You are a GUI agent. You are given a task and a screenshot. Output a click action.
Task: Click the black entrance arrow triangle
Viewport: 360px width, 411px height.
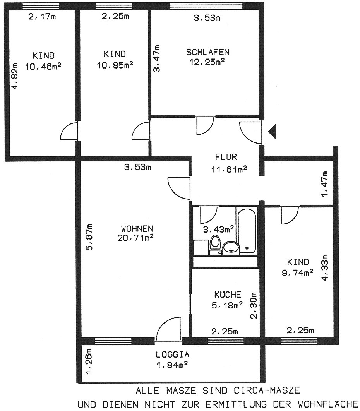[x=273, y=132]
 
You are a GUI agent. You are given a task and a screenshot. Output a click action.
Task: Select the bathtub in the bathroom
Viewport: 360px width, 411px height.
[x=247, y=231]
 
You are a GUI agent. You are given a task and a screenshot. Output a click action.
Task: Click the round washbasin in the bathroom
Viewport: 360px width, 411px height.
[x=231, y=248]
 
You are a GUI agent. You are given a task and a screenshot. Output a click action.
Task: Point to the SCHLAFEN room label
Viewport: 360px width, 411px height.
[x=208, y=52]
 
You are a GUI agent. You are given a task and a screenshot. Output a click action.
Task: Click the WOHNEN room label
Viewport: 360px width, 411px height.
[x=137, y=229]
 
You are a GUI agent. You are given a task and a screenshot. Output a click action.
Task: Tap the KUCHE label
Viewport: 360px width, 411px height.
[x=228, y=295]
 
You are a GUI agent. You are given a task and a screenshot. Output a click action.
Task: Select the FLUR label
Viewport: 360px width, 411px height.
[x=226, y=157]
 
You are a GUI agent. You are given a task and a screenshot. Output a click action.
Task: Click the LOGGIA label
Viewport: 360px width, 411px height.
[x=173, y=354]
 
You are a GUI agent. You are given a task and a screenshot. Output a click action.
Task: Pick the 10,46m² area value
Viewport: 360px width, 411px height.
[x=43, y=67]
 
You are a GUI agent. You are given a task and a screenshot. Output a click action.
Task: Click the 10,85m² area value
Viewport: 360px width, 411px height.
[x=115, y=65]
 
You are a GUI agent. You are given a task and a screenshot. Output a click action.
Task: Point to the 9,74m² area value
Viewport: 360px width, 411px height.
[x=298, y=273]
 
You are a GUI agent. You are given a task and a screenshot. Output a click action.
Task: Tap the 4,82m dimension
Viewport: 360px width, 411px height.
[x=15, y=76]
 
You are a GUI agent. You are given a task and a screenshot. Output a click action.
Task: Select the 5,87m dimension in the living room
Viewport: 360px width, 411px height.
[x=89, y=237]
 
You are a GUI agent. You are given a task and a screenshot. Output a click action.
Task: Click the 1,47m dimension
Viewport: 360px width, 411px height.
[x=325, y=184]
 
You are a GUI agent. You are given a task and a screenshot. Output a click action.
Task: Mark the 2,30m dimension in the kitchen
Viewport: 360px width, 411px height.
[x=253, y=305]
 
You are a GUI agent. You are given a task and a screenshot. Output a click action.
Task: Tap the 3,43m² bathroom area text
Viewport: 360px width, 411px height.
[x=219, y=229]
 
